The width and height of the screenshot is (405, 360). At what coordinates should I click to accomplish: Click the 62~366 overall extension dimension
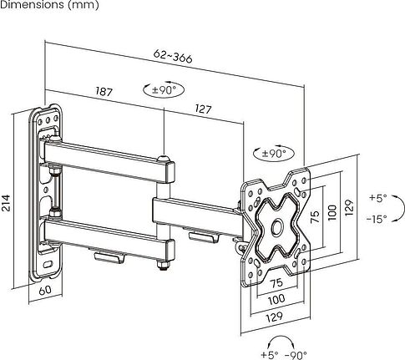[x=173, y=57]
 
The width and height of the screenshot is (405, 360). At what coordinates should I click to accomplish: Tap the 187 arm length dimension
[x=104, y=91]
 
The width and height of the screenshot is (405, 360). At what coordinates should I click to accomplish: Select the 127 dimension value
[x=203, y=109]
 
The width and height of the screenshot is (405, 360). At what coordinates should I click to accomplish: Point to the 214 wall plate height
[x=6, y=203]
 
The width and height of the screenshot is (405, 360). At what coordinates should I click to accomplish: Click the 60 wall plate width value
[x=45, y=290]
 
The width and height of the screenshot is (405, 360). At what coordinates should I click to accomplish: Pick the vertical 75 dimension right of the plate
[x=315, y=216]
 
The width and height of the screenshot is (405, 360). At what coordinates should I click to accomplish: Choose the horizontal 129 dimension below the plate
[x=275, y=317]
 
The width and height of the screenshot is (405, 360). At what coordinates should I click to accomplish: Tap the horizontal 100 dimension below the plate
[x=276, y=300]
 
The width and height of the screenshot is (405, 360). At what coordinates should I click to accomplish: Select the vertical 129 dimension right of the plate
[x=349, y=207]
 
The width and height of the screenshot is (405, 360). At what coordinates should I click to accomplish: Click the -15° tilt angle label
[x=377, y=219]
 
